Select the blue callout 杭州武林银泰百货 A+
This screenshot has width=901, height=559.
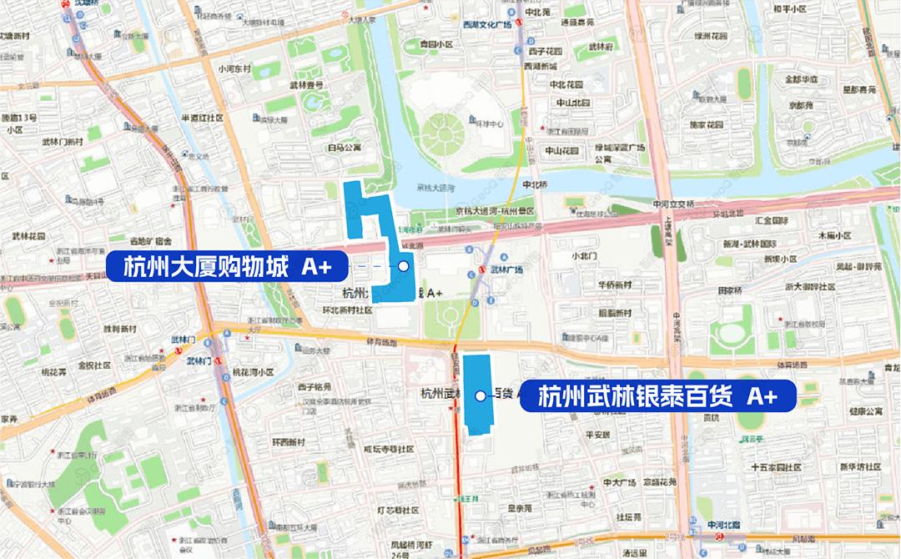click(x=658, y=396)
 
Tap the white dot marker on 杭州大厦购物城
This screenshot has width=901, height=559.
click(x=404, y=266)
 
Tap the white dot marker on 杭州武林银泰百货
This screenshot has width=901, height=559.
click(x=480, y=396)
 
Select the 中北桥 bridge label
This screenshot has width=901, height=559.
click(x=533, y=184)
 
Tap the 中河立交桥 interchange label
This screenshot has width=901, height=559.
click(x=673, y=204)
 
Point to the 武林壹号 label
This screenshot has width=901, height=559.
click(x=306, y=85)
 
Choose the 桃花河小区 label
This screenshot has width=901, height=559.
click(x=254, y=372)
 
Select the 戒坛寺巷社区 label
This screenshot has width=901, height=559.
click(x=389, y=449)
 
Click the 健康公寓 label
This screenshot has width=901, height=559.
click(x=866, y=411)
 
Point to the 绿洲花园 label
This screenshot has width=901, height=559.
click(x=713, y=36)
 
